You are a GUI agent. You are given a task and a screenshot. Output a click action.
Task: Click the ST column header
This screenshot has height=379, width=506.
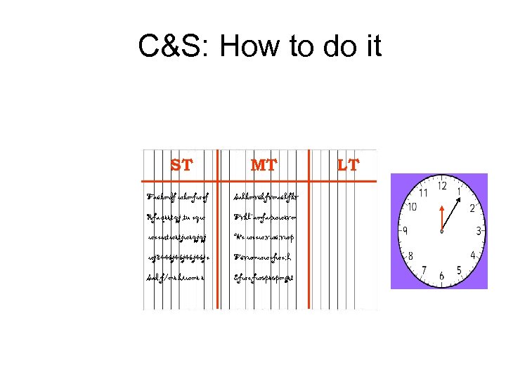click(x=181, y=166)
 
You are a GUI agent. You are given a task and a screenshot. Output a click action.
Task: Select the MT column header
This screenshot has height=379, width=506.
click(x=264, y=166)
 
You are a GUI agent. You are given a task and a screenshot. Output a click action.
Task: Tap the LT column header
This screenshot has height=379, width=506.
click(x=348, y=166)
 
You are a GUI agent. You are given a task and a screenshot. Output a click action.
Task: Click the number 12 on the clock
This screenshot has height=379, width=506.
click(x=441, y=186)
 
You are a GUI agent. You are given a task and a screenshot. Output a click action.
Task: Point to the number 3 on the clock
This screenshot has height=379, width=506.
click(x=479, y=231)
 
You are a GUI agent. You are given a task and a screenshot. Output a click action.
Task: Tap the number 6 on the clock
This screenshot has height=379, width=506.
click(x=441, y=277)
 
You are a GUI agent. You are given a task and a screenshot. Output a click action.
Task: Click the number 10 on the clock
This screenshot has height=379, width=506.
click(x=412, y=207)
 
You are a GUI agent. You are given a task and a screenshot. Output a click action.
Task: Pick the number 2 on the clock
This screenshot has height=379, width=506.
click(x=472, y=208)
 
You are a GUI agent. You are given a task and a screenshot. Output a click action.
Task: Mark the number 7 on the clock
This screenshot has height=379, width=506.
click(x=423, y=271)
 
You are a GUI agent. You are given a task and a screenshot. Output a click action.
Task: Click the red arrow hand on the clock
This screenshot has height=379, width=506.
click(x=441, y=218)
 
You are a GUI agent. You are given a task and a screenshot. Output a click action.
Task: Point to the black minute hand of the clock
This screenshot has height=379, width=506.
click(x=450, y=213)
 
